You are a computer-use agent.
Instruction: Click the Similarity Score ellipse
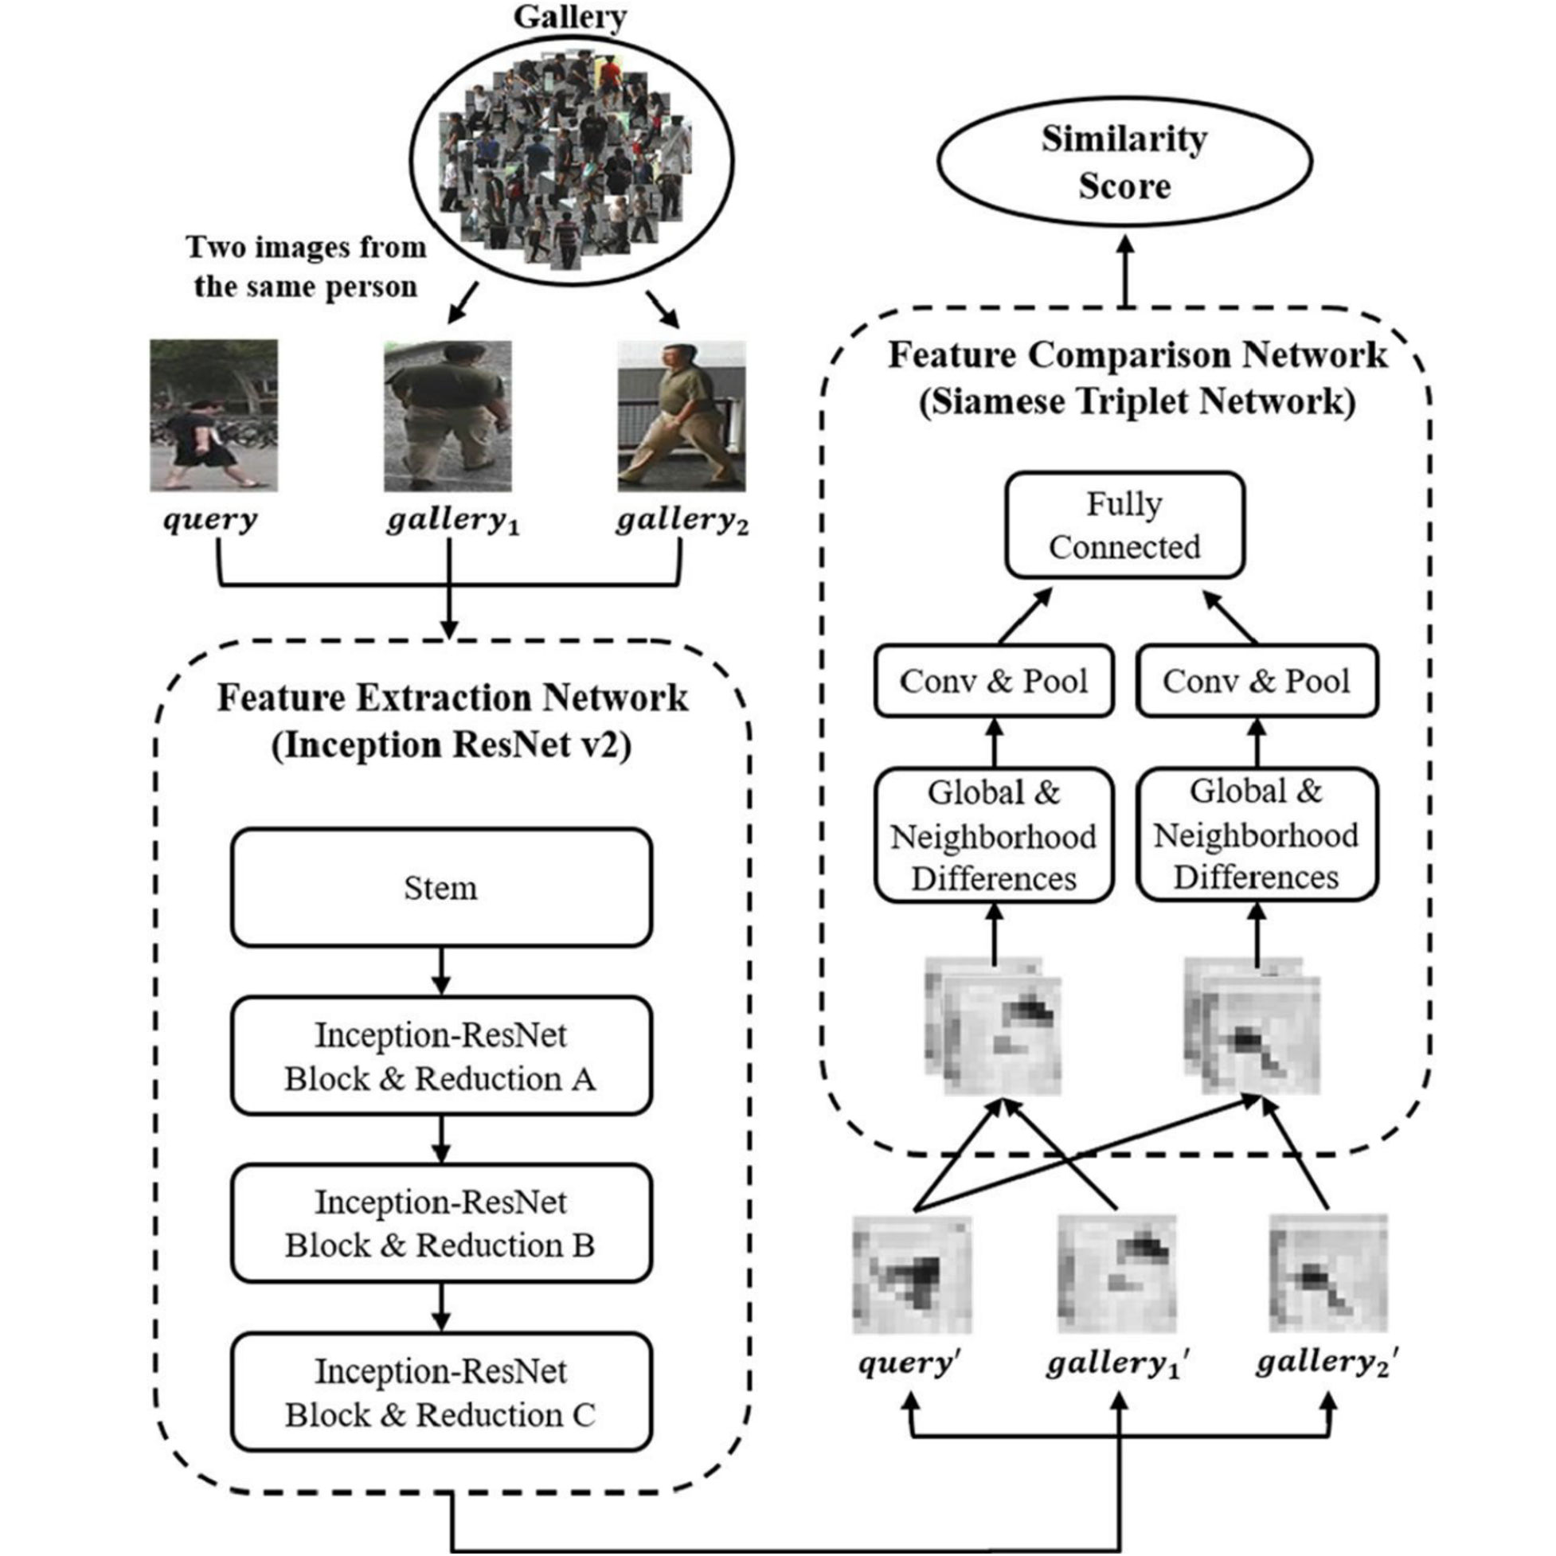(1124, 161)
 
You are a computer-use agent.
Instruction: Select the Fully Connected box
(1124, 525)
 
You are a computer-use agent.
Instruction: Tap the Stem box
(440, 888)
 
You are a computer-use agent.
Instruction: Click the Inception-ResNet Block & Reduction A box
(440, 1056)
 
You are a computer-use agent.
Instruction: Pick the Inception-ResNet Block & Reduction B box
(440, 1222)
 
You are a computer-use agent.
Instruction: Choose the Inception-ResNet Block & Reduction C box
(440, 1392)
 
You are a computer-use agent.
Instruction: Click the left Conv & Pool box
(994, 682)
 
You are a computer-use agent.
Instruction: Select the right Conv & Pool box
(1257, 682)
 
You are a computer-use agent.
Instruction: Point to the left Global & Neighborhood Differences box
(994, 835)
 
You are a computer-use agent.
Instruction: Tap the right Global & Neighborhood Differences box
(1257, 835)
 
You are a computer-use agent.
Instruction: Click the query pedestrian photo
(213, 416)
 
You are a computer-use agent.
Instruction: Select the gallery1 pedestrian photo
(448, 416)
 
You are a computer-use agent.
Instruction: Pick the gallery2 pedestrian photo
(682, 416)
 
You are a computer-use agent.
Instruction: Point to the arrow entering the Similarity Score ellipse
(1125, 270)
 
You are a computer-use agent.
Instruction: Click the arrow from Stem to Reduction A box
(440, 972)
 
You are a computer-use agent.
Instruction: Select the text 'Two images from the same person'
(306, 267)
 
